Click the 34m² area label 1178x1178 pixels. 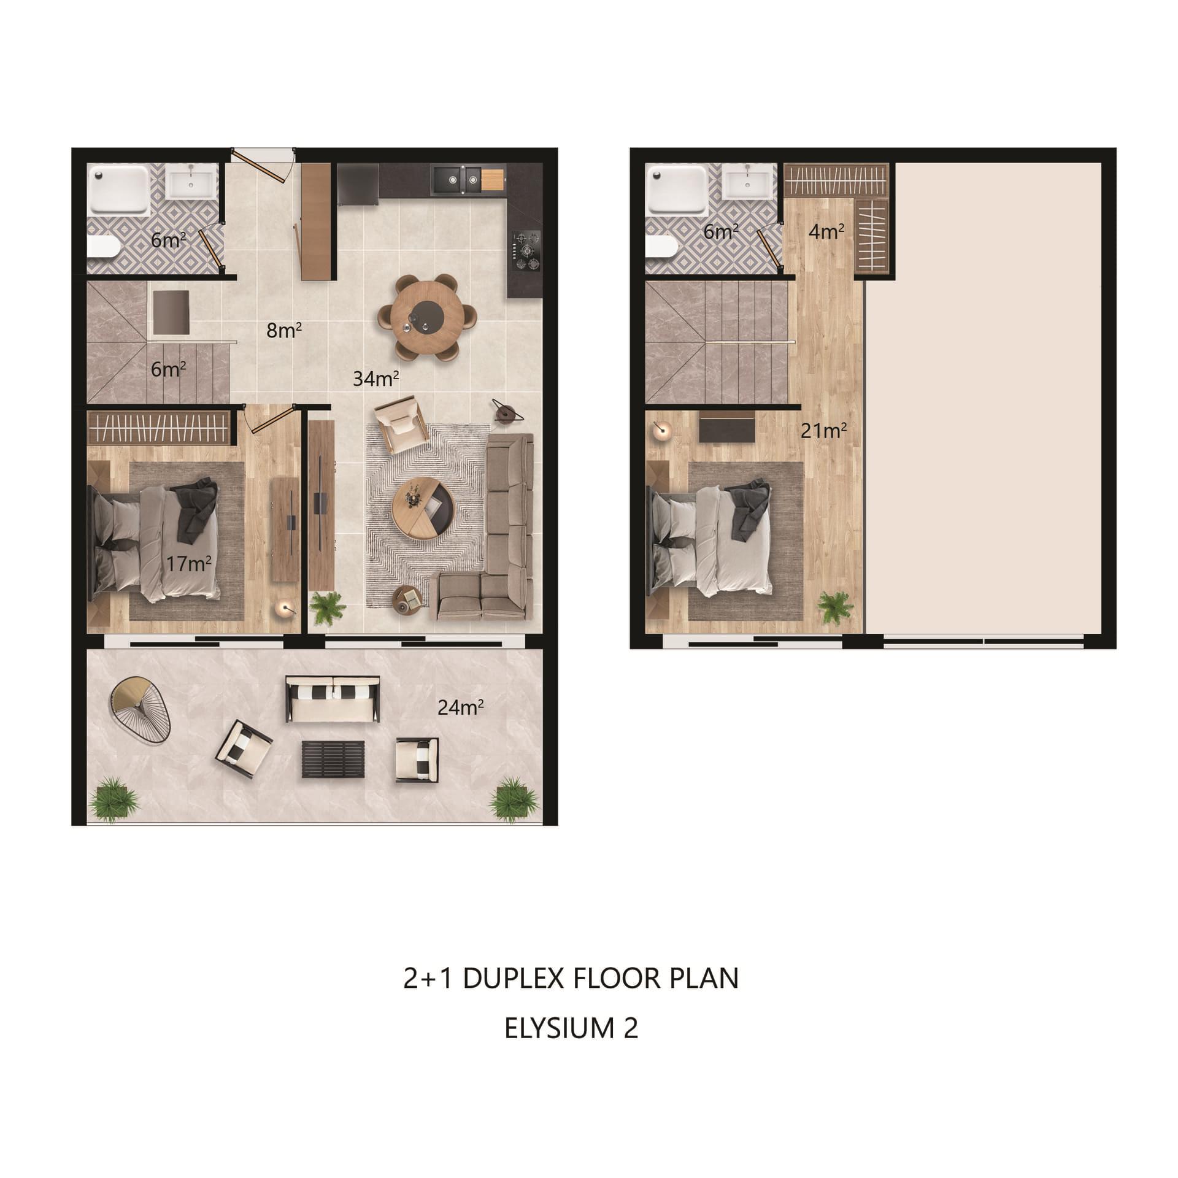tap(376, 379)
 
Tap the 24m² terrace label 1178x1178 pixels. tap(461, 707)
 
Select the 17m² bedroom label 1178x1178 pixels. tap(189, 563)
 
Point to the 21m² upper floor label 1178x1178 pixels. tap(824, 431)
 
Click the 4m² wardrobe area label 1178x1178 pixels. tap(826, 231)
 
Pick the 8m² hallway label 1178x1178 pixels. tap(284, 330)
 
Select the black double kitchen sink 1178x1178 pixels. tap(463, 179)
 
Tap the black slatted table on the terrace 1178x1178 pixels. tap(333, 760)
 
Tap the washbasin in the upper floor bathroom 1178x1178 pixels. tap(746, 182)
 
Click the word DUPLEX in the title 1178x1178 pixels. tap(512, 979)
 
